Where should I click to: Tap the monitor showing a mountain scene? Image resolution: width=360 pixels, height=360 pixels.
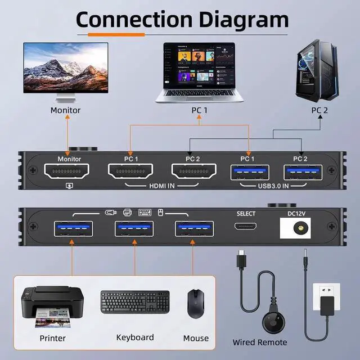click(x=66, y=70)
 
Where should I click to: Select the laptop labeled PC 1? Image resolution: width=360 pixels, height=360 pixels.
click(x=200, y=70)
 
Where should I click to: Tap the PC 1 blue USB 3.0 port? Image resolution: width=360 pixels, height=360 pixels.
click(x=249, y=172)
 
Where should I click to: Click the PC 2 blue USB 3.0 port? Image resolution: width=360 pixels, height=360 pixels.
click(x=303, y=172)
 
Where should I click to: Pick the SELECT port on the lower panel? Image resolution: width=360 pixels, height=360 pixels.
click(x=246, y=227)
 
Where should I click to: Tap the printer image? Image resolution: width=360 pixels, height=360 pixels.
click(x=52, y=307)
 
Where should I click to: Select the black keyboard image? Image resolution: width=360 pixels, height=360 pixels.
click(x=135, y=303)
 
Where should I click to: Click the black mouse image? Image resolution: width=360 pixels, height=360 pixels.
click(x=195, y=303)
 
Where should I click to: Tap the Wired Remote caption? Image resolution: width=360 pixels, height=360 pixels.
click(x=260, y=342)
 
